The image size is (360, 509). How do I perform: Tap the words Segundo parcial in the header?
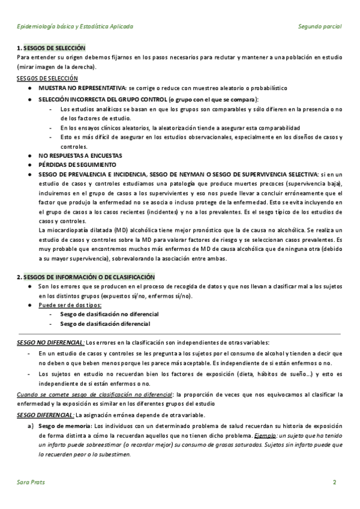tap(320, 27)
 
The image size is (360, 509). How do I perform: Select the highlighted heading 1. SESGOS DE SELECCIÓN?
tap(52, 47)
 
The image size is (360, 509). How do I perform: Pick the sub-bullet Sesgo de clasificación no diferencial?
tap(109, 314)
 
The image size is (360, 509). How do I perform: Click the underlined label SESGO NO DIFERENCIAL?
tap(50, 342)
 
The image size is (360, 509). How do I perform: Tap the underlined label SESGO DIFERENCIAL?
tap(45, 415)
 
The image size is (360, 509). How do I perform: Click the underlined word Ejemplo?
tap(266, 435)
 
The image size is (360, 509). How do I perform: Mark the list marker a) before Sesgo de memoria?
tap(30, 426)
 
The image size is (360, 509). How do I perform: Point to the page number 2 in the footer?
tap(335, 483)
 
